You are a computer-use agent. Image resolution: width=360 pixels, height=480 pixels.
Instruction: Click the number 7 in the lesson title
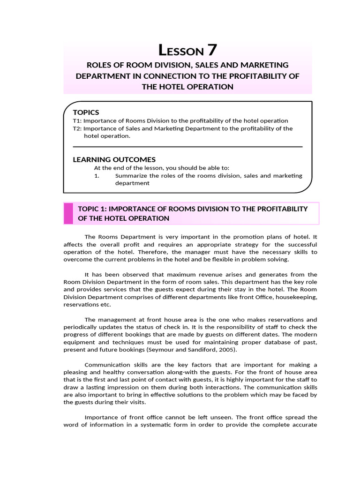(x=211, y=50)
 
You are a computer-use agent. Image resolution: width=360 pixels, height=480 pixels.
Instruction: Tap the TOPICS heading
(x=86, y=112)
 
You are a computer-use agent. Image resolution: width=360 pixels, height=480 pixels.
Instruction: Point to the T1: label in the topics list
(x=77, y=120)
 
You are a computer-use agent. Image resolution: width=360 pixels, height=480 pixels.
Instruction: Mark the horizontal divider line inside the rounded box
(x=187, y=147)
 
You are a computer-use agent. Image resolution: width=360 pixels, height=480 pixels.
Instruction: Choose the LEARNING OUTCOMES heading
(x=114, y=159)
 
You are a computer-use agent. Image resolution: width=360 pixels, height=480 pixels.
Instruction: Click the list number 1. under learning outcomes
(x=97, y=176)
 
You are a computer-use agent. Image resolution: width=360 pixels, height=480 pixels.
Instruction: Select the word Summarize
(x=131, y=176)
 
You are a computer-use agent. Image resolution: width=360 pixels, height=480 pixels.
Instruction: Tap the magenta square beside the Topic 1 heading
(x=68, y=213)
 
